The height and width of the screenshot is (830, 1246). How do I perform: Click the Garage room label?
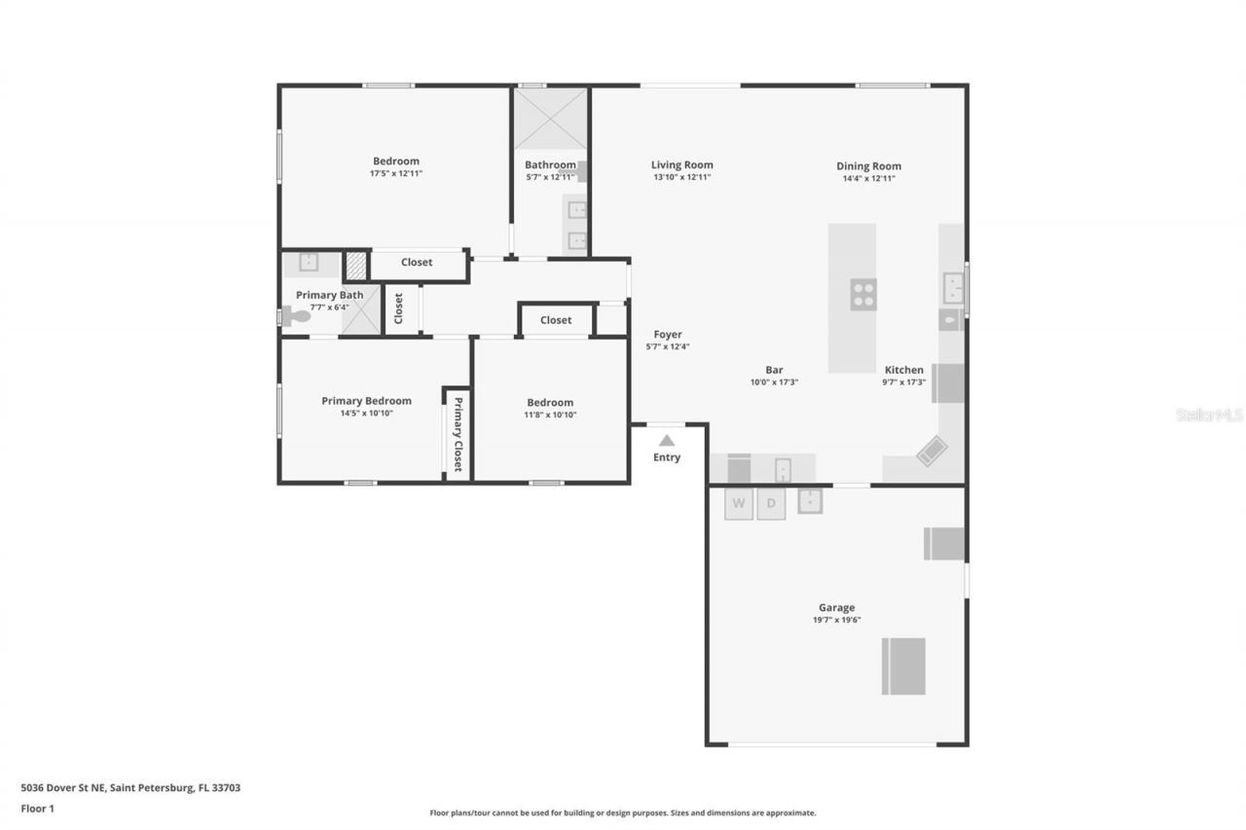tap(836, 607)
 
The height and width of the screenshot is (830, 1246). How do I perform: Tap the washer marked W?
tap(739, 503)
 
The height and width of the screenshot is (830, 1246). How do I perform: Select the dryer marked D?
tap(771, 503)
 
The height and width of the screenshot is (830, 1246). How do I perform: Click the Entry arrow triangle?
tap(667, 441)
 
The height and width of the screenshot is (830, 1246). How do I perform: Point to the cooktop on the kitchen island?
tap(863, 294)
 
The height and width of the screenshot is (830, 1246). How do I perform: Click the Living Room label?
tap(682, 165)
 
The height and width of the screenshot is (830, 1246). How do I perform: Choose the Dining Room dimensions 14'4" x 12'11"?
tap(868, 178)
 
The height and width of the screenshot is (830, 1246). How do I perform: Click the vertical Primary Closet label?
tap(458, 434)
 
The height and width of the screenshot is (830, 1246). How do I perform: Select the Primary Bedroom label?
tap(366, 401)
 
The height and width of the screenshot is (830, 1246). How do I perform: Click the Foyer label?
tap(668, 335)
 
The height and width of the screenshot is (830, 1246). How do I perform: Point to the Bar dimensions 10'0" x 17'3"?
tap(774, 382)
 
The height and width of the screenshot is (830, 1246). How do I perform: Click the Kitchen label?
tap(903, 370)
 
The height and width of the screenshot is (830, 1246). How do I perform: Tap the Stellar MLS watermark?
tap(1209, 415)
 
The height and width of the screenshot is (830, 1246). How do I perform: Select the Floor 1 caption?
tap(38, 809)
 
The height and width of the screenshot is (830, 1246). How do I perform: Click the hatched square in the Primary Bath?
tap(357, 266)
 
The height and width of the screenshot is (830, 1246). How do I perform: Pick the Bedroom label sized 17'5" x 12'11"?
tap(396, 162)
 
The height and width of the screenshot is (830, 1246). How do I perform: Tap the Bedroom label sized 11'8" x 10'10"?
tap(550, 403)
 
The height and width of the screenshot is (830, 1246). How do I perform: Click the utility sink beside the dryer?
tap(810, 501)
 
